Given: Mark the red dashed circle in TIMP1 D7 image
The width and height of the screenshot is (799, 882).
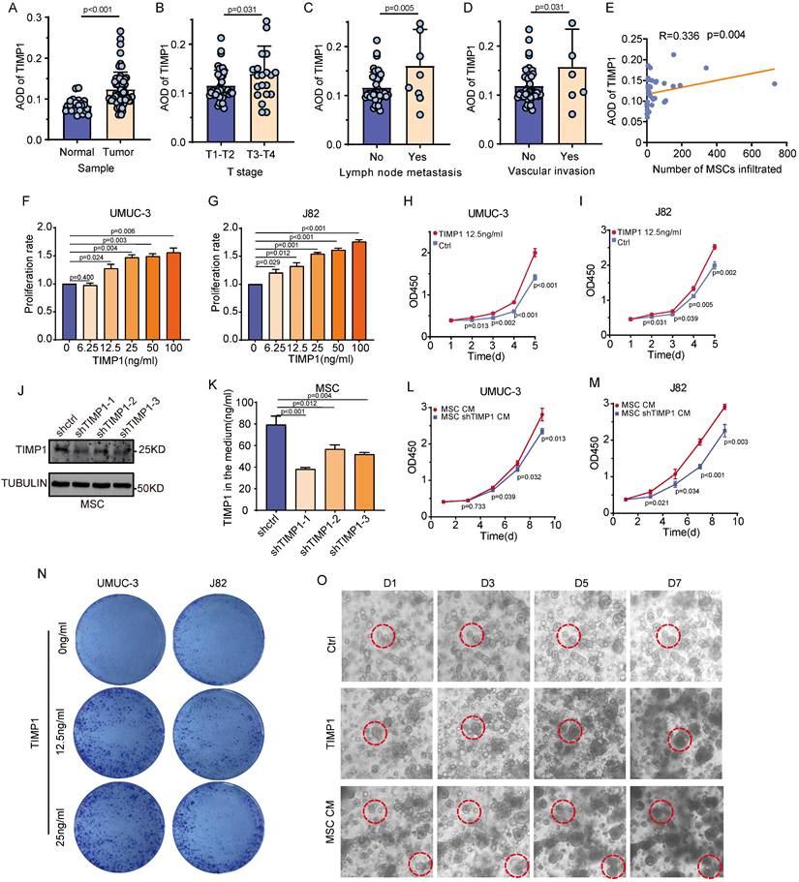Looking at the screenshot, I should tap(676, 741).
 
